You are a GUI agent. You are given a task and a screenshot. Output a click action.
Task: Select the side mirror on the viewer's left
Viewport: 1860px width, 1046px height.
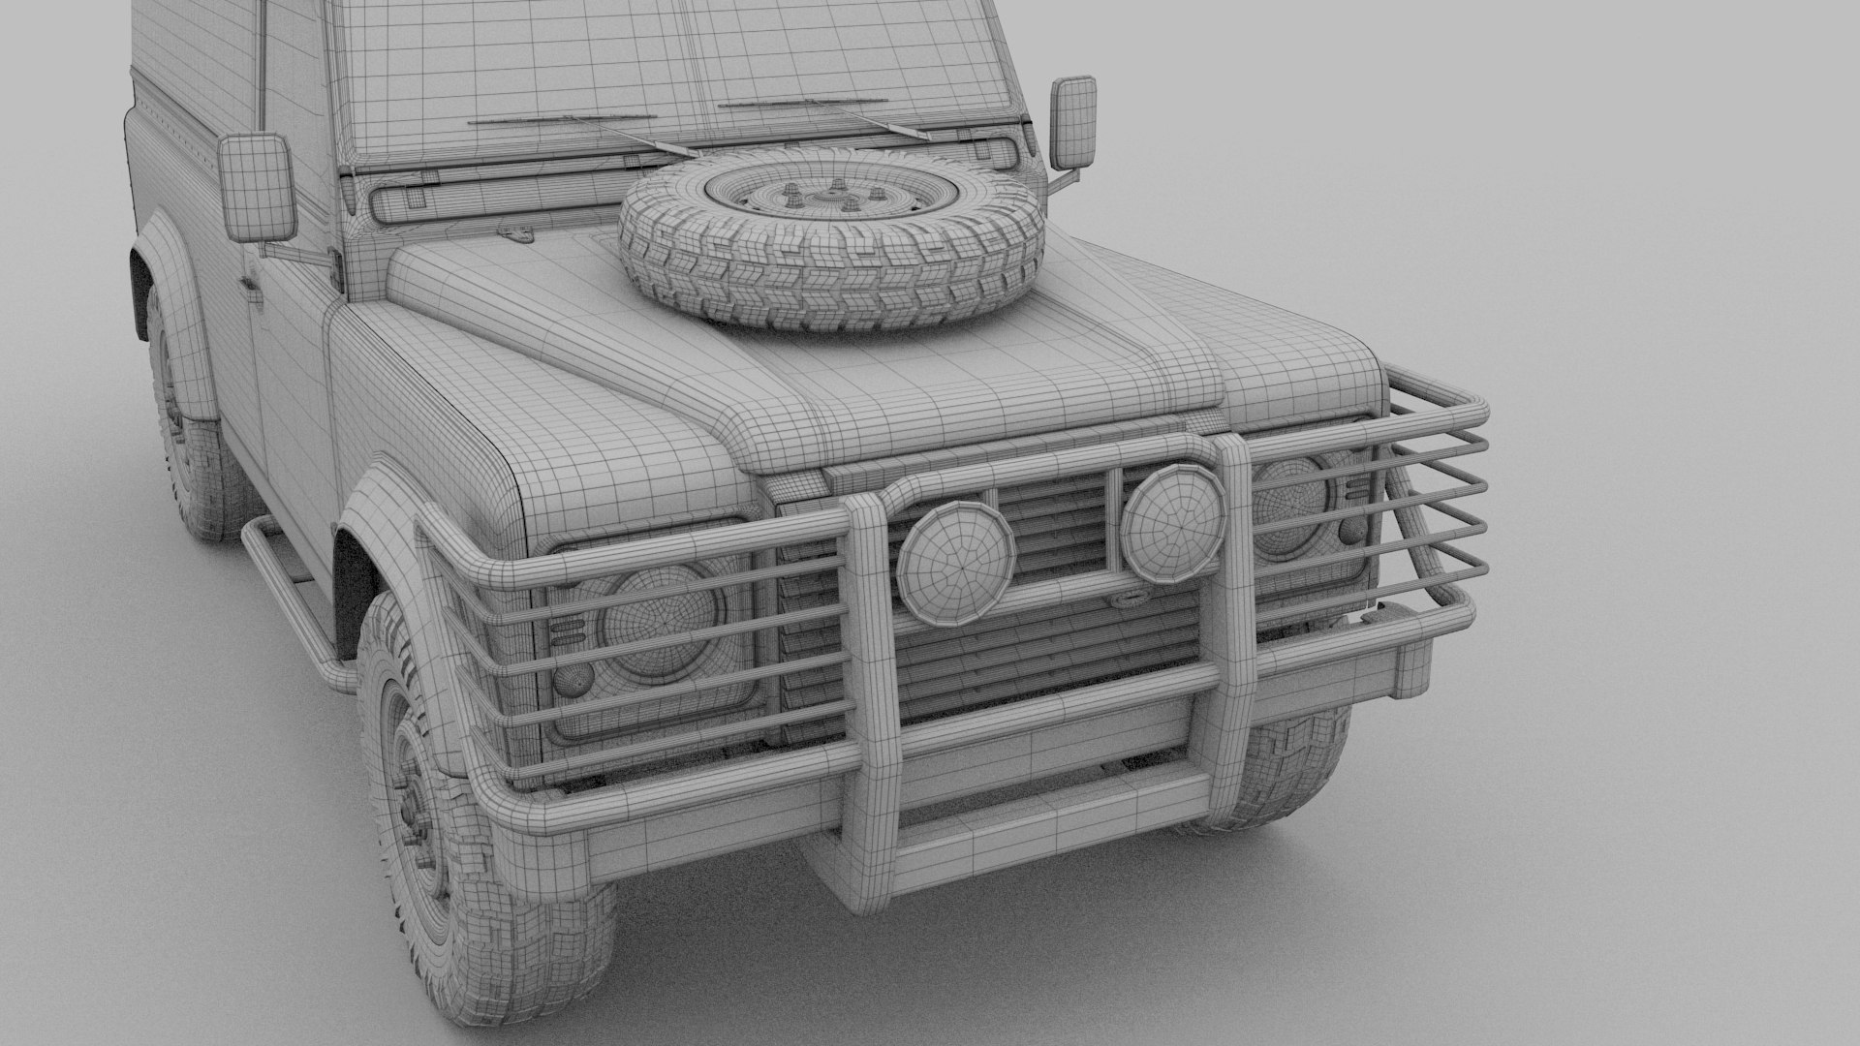[x=256, y=188]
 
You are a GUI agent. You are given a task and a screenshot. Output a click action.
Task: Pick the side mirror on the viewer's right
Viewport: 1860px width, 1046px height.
[x=1073, y=122]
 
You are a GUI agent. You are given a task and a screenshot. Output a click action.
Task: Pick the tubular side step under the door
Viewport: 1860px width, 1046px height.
[x=291, y=600]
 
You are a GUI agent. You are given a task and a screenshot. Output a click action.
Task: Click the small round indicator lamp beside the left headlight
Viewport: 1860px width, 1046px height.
[x=570, y=684]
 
